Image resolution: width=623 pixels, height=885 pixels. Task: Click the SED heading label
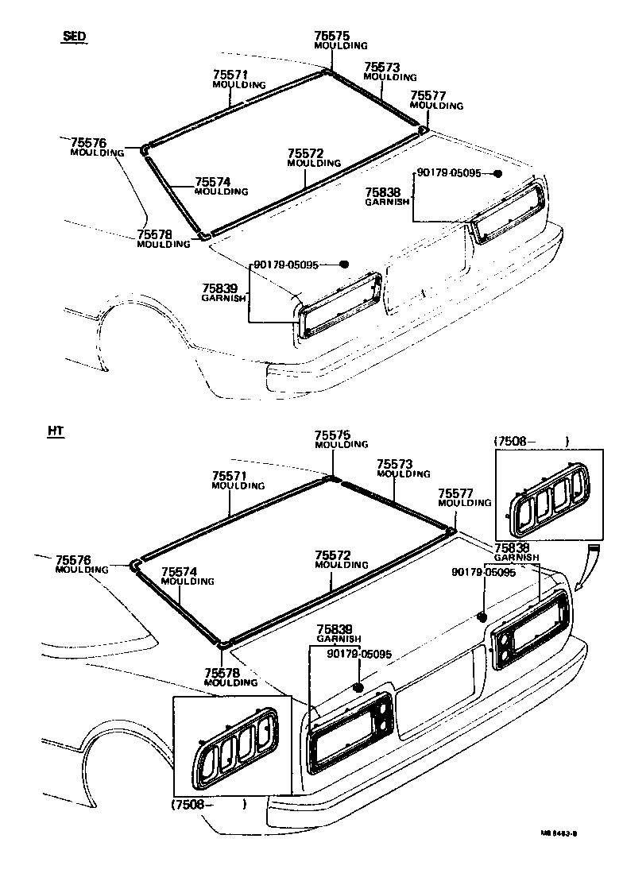pos(75,37)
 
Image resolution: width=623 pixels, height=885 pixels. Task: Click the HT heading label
pos(56,431)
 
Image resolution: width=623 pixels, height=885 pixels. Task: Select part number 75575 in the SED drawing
pos(331,36)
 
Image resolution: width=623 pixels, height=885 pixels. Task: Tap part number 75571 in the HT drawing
pos(229,476)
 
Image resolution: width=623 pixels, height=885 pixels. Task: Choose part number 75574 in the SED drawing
pos(211,181)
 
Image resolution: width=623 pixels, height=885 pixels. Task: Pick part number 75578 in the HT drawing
pos(221,672)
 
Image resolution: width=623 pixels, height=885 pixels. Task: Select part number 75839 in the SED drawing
pos(219,288)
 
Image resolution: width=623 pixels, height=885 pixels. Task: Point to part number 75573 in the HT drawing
pos(393,464)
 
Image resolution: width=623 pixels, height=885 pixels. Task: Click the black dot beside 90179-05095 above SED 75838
pos(497,173)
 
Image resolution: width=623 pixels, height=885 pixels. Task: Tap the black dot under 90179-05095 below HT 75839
pos(357,687)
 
